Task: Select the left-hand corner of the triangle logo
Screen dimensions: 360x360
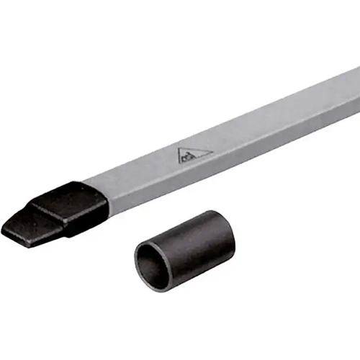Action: (177, 162)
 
